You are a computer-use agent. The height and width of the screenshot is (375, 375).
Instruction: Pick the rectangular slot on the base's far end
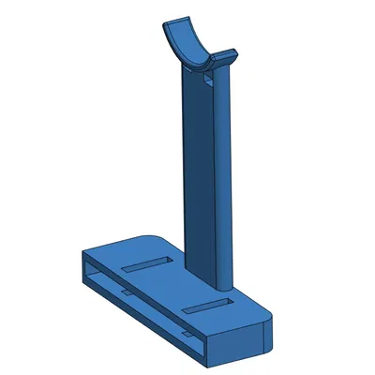[144, 264]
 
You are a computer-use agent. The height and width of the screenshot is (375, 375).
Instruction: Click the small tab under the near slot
[187, 330]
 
